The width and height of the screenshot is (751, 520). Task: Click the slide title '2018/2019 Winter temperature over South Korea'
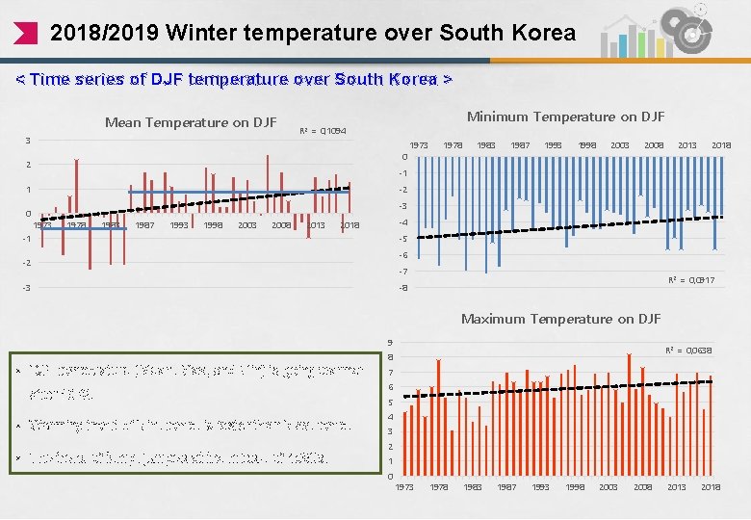point(312,33)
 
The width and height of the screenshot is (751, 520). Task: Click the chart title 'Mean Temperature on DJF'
point(191,122)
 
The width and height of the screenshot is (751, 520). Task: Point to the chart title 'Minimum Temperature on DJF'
point(565,117)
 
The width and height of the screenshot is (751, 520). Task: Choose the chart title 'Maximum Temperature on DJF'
point(560,319)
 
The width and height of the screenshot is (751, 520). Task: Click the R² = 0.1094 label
point(324,131)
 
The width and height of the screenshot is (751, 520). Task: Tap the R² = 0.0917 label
point(691,279)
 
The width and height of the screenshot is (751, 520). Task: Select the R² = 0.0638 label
point(689,351)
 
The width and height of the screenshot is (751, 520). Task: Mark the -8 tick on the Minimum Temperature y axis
point(403,288)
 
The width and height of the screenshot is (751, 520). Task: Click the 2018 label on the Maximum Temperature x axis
point(711,487)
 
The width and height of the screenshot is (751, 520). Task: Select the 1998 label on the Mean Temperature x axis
point(212,225)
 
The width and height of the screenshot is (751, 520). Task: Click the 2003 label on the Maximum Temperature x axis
point(609,487)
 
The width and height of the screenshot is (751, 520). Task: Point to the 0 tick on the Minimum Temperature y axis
point(404,157)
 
